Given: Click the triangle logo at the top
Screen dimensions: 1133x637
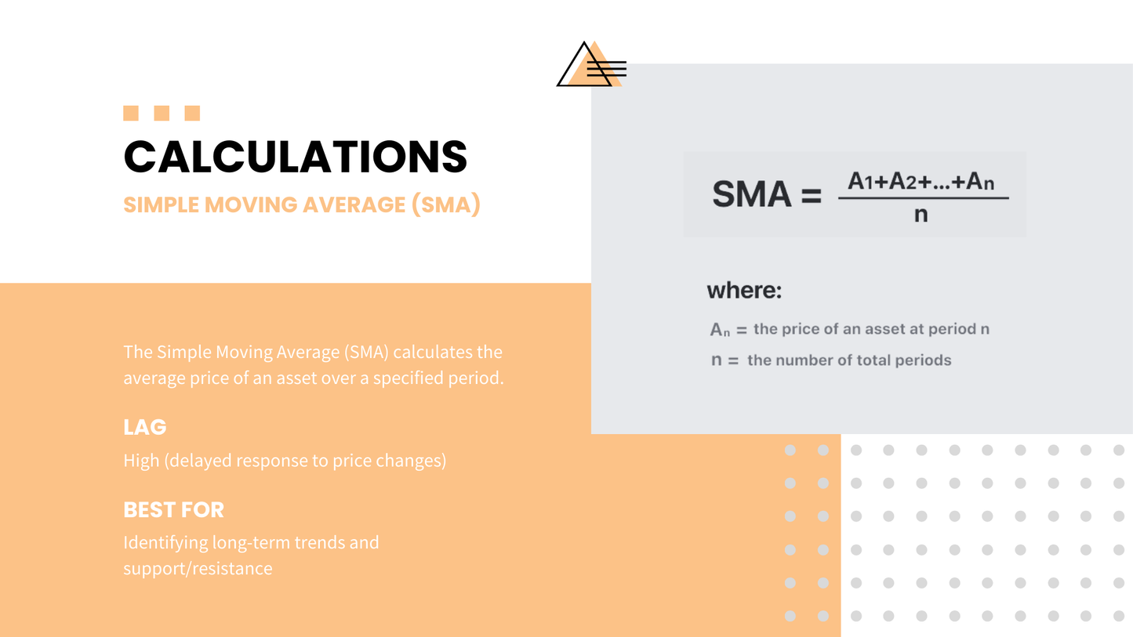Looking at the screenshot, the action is [x=591, y=64].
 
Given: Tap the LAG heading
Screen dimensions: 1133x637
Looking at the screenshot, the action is [x=144, y=427].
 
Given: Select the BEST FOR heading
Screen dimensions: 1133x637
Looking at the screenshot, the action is [x=173, y=509].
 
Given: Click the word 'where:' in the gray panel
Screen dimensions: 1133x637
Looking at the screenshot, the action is [x=744, y=290].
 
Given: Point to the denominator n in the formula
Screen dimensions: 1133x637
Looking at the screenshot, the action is [x=921, y=215].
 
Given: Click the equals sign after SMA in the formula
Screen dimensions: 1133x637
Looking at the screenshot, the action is [x=812, y=195].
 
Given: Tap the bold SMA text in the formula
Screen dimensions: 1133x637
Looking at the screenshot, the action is [x=752, y=194].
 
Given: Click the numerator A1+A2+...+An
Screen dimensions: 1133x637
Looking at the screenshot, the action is [x=921, y=181].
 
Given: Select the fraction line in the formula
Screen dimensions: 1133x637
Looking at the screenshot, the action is [x=924, y=198].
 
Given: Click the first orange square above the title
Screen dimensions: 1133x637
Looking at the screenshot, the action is [x=131, y=114].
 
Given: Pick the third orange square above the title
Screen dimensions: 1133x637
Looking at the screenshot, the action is [x=192, y=114].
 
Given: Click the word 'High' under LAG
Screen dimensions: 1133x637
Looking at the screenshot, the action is [x=141, y=461].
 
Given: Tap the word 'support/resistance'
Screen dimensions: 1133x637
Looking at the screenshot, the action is [x=198, y=569].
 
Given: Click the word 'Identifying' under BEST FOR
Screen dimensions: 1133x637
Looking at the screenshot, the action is [x=165, y=542].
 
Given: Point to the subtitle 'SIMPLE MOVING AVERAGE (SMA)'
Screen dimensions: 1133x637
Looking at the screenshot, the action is [x=302, y=204].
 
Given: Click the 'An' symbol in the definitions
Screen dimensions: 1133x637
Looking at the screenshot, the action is [x=720, y=330].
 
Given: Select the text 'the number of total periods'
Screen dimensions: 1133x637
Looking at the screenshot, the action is [x=849, y=360].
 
